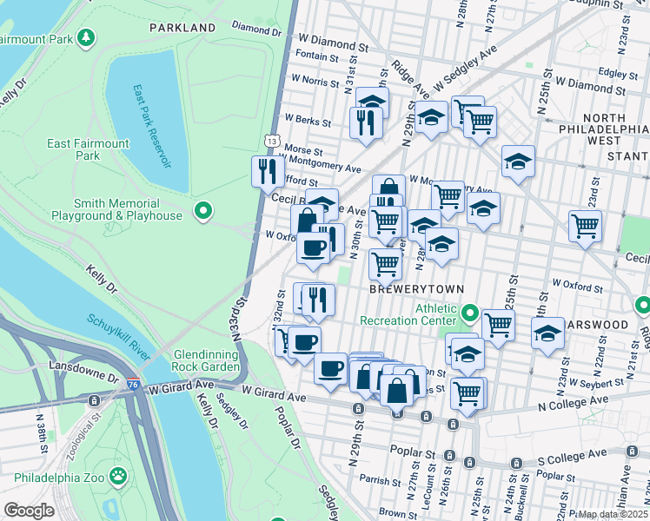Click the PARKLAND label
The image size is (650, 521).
click(182, 28)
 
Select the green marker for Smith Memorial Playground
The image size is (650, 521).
click(203, 210)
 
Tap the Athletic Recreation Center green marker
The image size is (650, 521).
click(470, 312)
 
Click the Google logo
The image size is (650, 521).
click(29, 511)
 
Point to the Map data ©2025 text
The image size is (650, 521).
click(613, 514)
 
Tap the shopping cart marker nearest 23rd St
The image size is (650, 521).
click(586, 225)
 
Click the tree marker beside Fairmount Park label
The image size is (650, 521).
click(85, 37)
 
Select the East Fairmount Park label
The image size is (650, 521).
click(87, 149)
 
